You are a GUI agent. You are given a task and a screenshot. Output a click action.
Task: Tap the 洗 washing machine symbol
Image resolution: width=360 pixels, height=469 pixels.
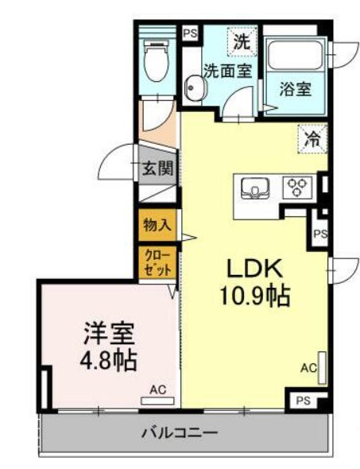pyautogui.click(x=242, y=41)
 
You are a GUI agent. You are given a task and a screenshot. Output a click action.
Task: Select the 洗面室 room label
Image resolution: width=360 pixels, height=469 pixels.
pyautogui.click(x=228, y=71)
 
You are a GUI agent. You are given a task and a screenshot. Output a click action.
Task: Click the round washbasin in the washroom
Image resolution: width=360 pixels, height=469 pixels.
pyautogui.click(x=195, y=87)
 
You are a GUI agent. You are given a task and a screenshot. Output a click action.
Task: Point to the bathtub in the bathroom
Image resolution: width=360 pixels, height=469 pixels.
pyautogui.click(x=296, y=54)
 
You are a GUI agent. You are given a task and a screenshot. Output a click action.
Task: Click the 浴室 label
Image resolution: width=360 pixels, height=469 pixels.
pyautogui.click(x=296, y=89)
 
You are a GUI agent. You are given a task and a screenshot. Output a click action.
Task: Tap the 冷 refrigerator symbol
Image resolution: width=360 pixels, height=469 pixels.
pyautogui.click(x=312, y=139)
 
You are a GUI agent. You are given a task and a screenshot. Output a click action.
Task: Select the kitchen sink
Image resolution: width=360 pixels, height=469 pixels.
pyautogui.click(x=255, y=188)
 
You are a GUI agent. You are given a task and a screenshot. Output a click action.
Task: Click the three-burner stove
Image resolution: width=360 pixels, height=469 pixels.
pyautogui.click(x=298, y=187)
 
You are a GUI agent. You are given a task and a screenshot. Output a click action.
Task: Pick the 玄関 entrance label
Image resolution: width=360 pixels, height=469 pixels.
pyautogui.click(x=157, y=168)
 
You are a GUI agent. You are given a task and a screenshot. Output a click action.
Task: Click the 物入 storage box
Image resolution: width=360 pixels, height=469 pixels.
pyautogui.click(x=157, y=225)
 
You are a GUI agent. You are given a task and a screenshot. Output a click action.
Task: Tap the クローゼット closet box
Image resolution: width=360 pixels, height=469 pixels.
pyautogui.click(x=157, y=262)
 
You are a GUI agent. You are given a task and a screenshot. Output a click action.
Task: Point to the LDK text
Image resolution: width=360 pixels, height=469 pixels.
pyautogui.click(x=255, y=269)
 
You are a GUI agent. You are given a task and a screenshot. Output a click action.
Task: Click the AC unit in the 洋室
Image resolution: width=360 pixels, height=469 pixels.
pyautogui.click(x=158, y=401)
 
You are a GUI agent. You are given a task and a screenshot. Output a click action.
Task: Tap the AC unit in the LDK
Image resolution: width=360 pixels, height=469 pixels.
pyautogui.click(x=322, y=368)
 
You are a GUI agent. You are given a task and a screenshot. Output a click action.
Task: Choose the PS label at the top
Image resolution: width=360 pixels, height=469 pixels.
pyautogui.click(x=190, y=33)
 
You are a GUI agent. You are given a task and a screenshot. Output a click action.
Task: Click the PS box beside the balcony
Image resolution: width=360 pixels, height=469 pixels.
pyautogui.click(x=304, y=401)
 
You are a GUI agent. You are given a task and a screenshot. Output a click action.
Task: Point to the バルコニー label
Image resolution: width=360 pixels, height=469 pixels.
pyautogui.click(x=180, y=432)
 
